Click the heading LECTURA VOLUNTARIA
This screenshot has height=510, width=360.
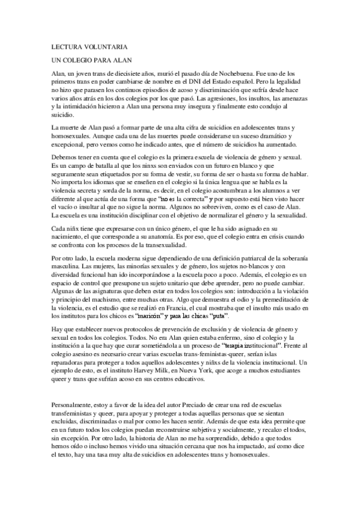click(x=89, y=46)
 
